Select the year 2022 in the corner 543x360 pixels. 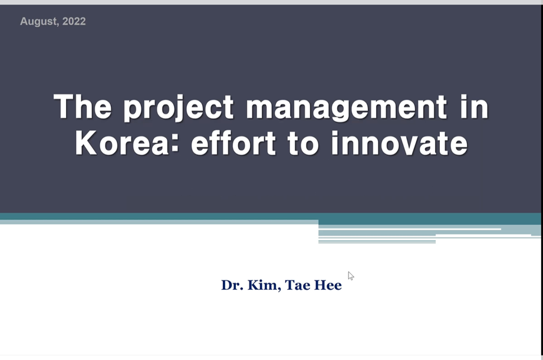point(74,21)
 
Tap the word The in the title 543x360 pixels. point(83,107)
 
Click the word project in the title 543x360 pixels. point(179,108)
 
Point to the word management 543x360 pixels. point(347,108)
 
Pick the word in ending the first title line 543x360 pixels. point(475,107)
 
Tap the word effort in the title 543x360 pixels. point(233,143)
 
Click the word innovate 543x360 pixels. point(399,143)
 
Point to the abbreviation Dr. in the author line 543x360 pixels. point(232,285)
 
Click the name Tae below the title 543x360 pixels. point(298,285)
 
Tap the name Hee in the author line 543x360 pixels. point(328,285)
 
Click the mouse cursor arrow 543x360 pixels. point(351,276)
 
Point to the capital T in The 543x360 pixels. point(65,107)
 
